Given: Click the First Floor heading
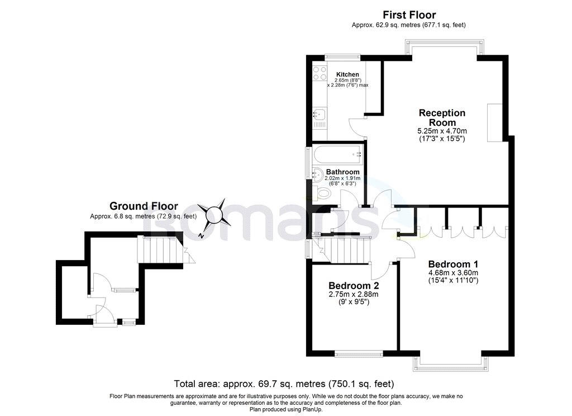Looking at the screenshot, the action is coord(409,15).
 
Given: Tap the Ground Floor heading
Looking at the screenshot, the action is coord(144,206).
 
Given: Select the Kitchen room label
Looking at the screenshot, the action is coord(347,74).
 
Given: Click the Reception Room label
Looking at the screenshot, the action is coord(442,117).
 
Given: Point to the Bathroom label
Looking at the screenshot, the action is coord(342,172).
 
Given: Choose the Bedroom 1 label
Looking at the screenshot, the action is coord(453,264).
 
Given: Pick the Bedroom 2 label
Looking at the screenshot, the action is coord(354,286).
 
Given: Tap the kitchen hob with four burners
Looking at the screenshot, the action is coord(320,73).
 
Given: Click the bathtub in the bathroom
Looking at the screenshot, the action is coord(337,155).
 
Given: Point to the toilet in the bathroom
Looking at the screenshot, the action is coord(322,192).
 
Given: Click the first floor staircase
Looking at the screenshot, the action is coord(342,250).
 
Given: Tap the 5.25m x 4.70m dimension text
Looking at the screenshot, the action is coord(442,130).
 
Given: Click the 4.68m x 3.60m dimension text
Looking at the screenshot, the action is coord(453,272).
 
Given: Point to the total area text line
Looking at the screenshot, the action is coord(284,384).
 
